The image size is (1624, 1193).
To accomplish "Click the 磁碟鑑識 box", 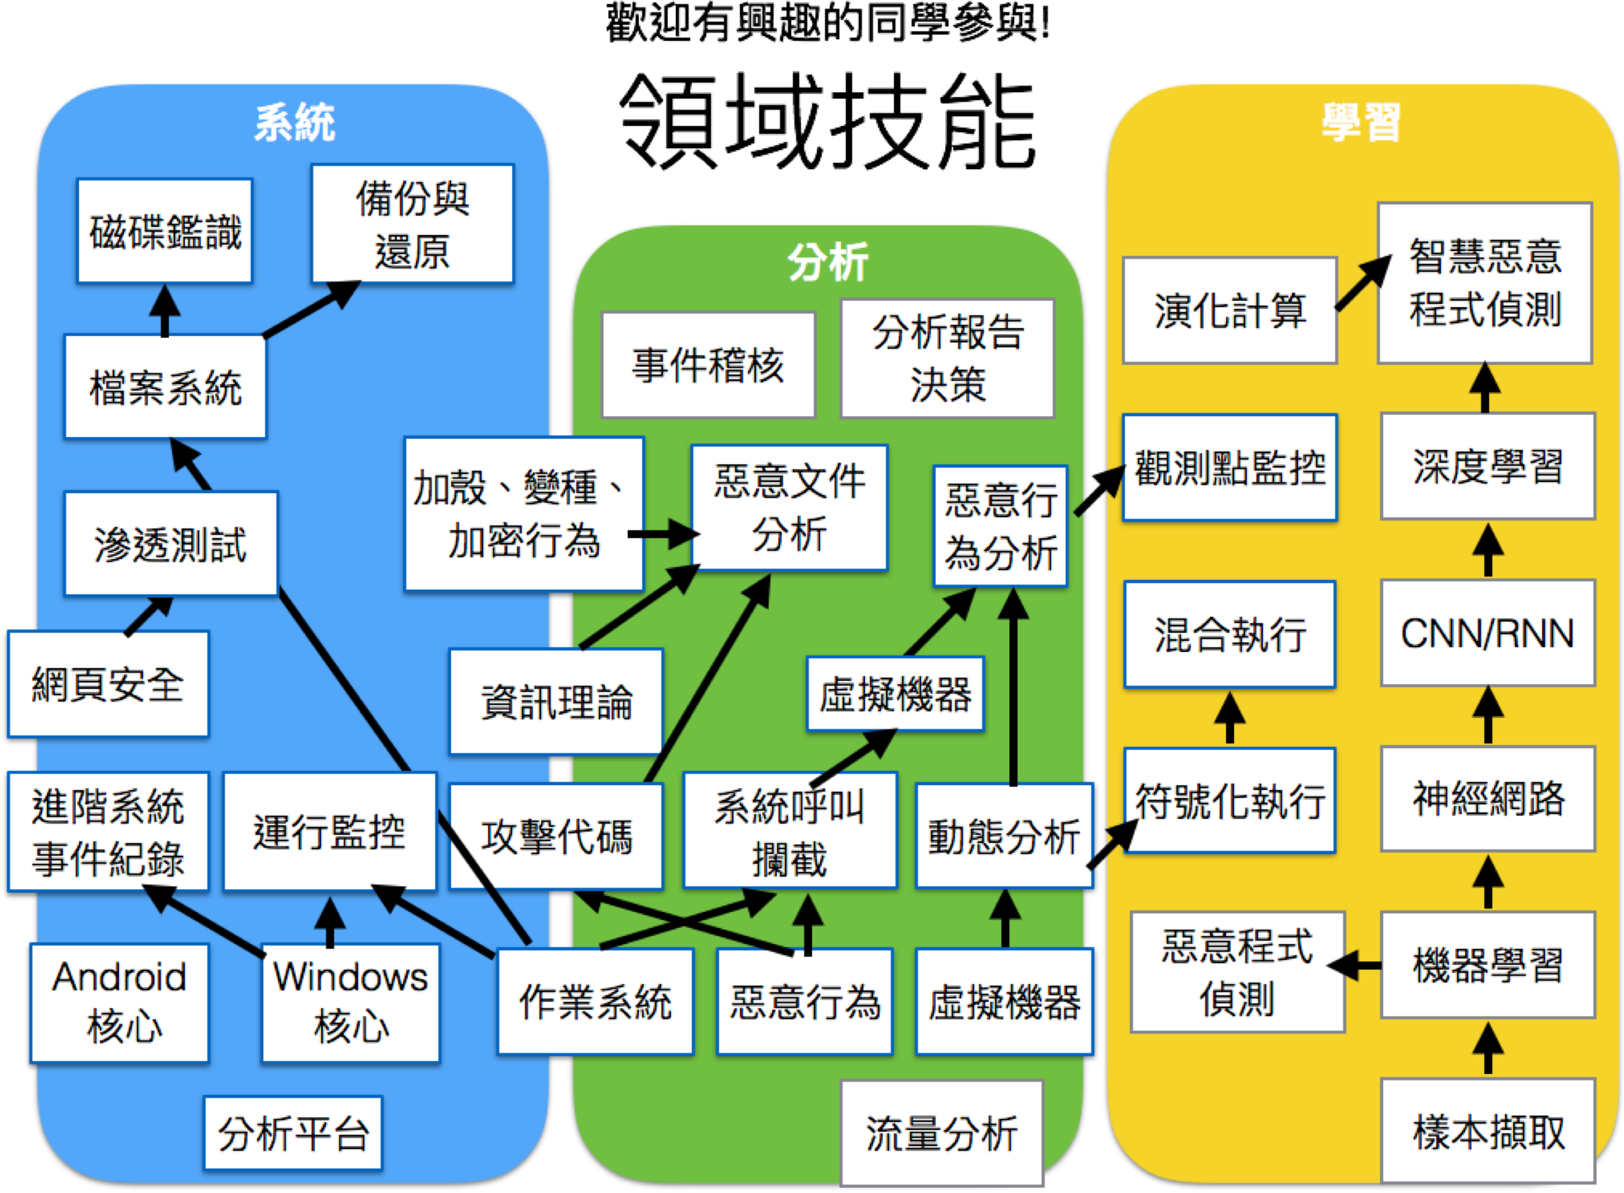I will (165, 231).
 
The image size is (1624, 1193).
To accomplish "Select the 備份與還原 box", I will (412, 224).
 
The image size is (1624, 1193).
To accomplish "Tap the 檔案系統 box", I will (165, 387).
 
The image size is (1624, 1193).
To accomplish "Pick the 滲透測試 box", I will (170, 544).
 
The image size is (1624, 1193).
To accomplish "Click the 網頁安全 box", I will (109, 684).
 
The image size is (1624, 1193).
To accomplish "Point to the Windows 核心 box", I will (351, 1002).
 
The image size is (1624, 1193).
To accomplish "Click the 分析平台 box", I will (293, 1132).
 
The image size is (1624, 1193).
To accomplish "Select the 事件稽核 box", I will (709, 365).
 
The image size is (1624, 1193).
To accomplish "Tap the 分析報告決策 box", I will (947, 358).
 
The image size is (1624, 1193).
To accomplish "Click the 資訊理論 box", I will (556, 701).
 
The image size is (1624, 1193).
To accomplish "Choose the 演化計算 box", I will (1230, 311).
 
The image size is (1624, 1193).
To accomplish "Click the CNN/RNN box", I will (1488, 633).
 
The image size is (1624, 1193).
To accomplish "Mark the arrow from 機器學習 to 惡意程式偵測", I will (1355, 965).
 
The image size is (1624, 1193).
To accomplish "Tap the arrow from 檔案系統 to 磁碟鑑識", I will (165, 311).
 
